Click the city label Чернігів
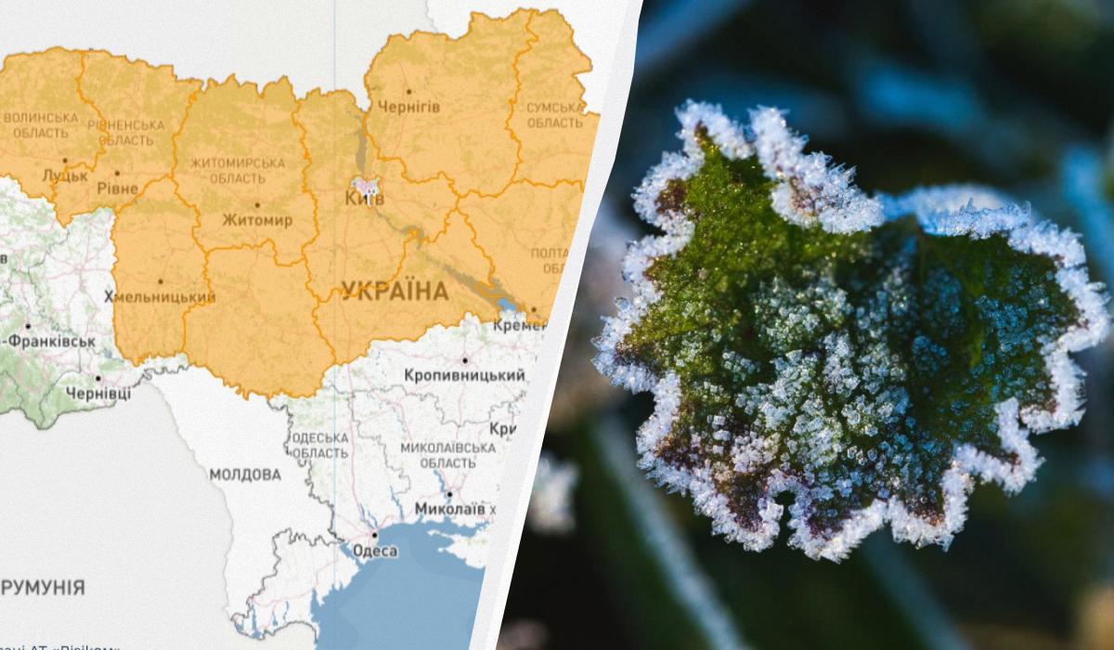(408, 107)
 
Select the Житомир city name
(257, 221)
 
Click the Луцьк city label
(65, 175)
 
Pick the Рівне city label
(117, 188)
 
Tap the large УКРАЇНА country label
(395, 292)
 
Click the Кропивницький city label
(464, 375)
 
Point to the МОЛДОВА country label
(245, 474)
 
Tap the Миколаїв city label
(450, 510)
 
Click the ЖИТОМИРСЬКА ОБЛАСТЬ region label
(237, 170)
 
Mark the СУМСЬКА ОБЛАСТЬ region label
(555, 115)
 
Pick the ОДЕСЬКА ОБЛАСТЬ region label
(319, 444)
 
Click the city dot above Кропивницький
(464, 360)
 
